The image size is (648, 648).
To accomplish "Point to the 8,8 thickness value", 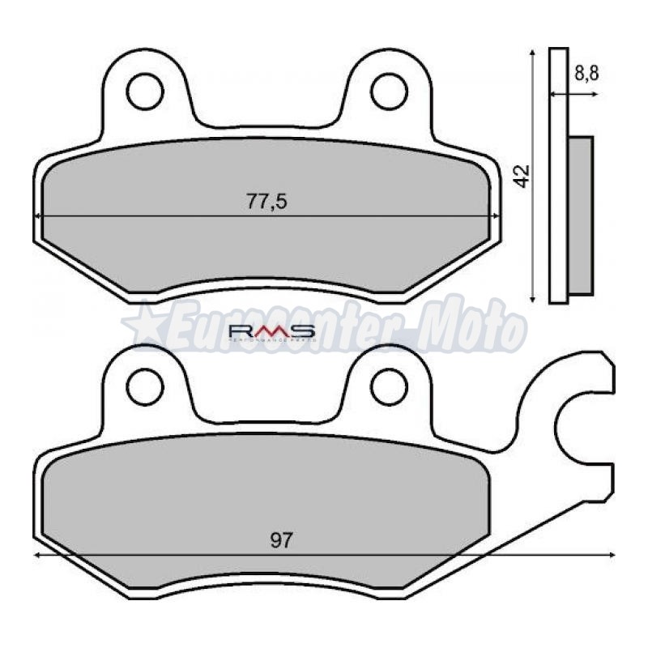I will coord(586,74).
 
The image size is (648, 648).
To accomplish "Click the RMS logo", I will coord(271,331).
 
